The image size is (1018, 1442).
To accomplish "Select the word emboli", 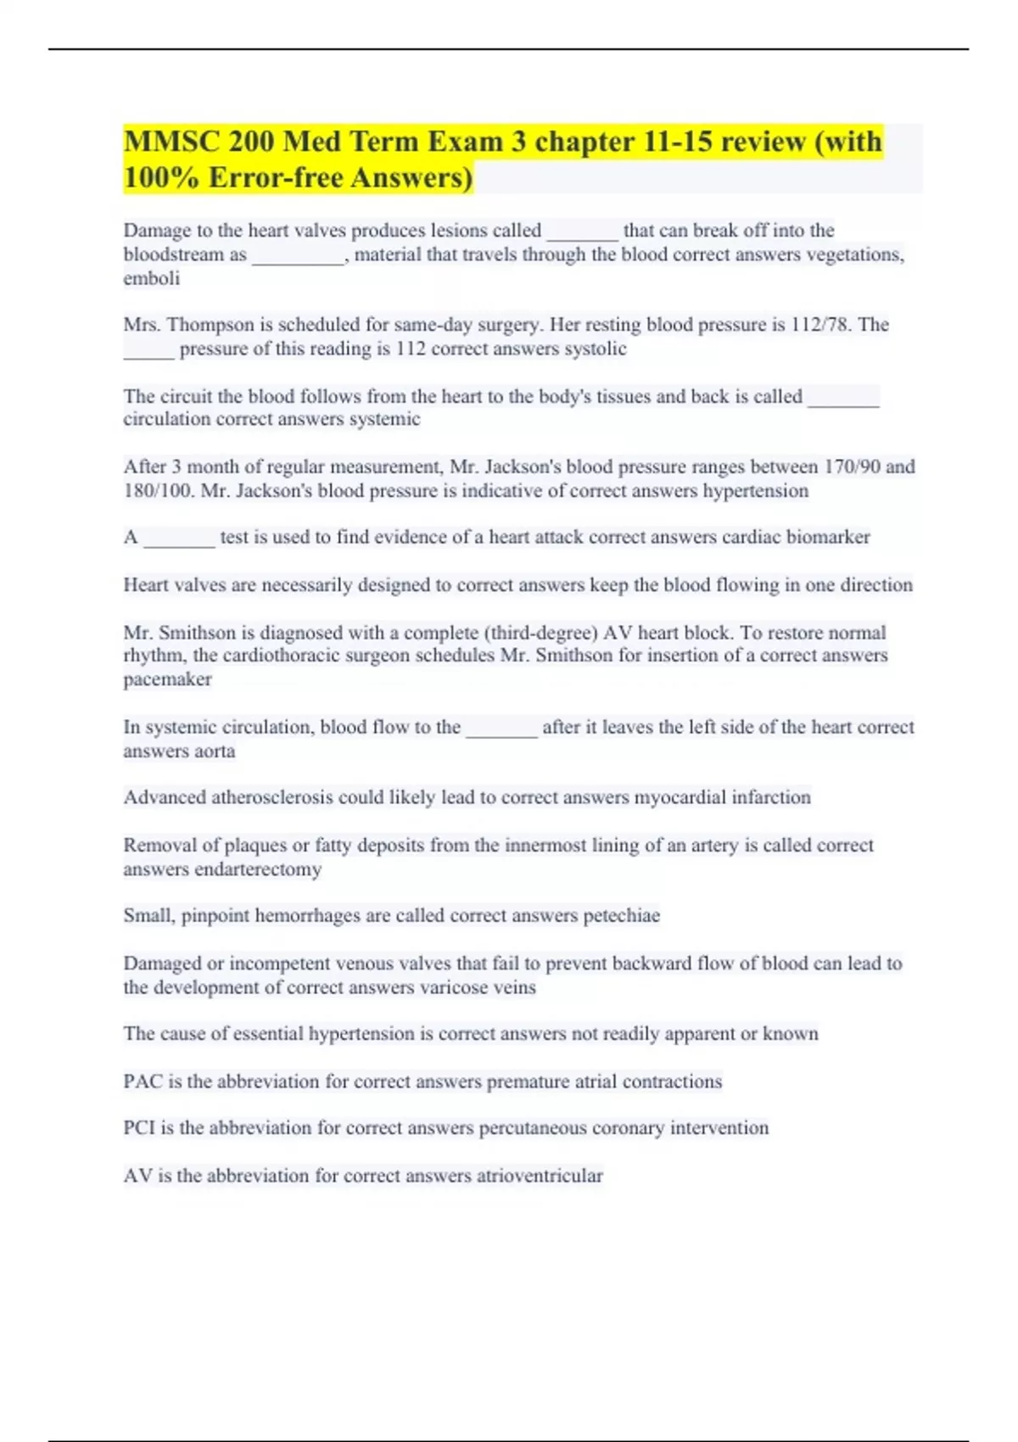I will point(152,278).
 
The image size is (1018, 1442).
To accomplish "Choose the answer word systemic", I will point(385,419).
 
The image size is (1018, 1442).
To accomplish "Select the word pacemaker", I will point(168,679).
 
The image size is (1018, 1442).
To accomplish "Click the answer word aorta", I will point(214,752).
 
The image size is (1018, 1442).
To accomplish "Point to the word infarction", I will point(767,797).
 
